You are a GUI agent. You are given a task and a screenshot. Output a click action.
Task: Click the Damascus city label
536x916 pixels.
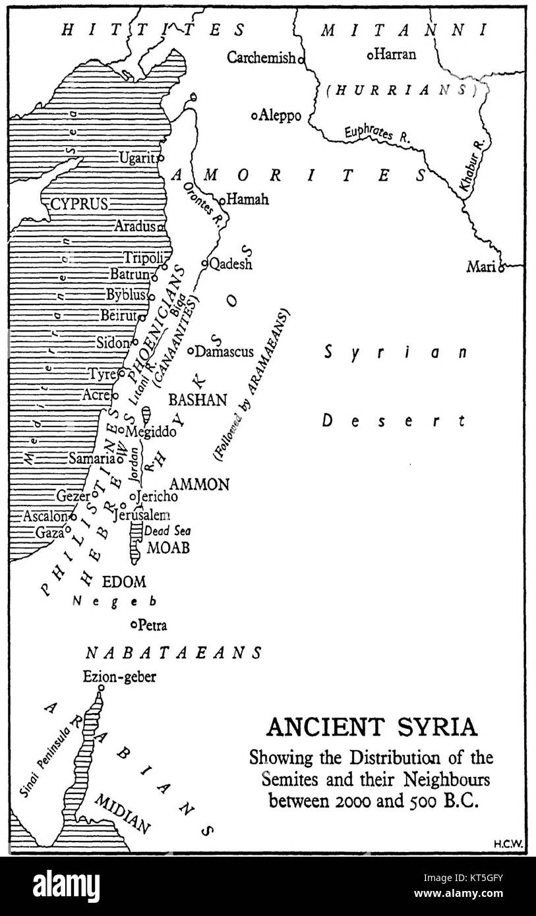click(224, 352)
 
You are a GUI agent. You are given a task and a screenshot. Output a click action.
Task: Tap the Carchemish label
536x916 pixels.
click(261, 58)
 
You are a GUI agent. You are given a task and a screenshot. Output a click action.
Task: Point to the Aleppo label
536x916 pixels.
click(280, 116)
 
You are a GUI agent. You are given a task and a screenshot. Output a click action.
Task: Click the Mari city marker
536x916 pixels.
click(500, 268)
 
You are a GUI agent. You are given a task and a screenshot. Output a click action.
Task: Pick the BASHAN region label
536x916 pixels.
click(198, 400)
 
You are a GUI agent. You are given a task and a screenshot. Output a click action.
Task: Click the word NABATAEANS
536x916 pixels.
click(174, 652)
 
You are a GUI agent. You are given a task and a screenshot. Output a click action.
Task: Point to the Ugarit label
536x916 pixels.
click(136, 158)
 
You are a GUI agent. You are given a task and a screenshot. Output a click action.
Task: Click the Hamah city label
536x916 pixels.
click(248, 199)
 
